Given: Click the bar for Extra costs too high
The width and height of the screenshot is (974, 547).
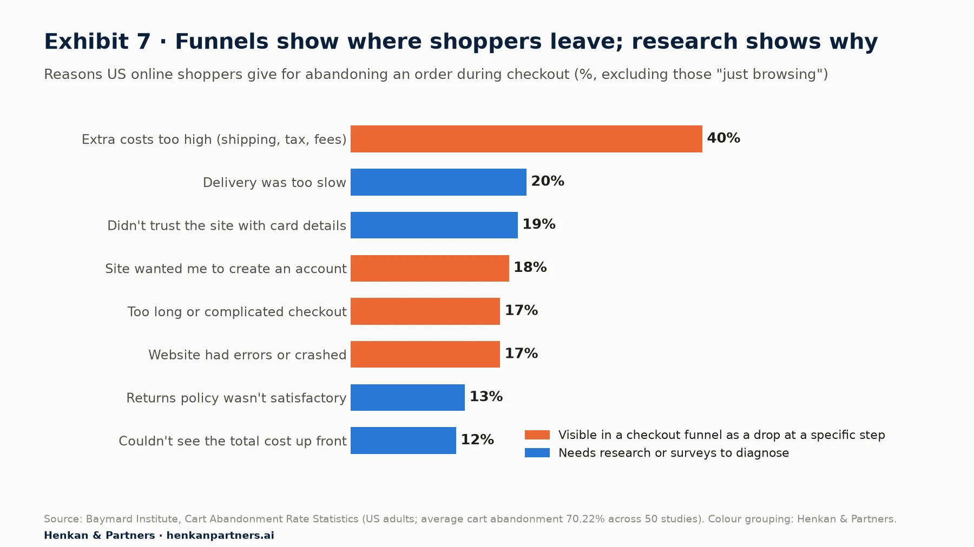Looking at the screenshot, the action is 527,139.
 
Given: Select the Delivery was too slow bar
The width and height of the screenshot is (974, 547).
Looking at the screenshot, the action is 438,182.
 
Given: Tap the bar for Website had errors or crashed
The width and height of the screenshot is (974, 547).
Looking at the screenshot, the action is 425,355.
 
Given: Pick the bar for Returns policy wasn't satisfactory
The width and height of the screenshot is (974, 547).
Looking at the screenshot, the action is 407,397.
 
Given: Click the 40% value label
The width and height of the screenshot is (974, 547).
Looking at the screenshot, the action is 723,138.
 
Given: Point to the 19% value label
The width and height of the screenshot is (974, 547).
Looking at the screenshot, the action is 539,224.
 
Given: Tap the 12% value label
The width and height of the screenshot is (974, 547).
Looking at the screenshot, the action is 477,440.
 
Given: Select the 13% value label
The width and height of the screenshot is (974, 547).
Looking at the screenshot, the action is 486,397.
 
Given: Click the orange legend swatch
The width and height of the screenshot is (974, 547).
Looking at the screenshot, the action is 537,435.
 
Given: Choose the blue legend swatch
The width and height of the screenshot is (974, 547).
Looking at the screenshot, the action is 537,453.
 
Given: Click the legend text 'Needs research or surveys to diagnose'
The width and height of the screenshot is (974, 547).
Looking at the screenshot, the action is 674,453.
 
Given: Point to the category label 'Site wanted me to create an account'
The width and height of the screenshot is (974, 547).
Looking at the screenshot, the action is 226,269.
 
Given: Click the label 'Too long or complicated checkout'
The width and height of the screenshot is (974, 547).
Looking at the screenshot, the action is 237,312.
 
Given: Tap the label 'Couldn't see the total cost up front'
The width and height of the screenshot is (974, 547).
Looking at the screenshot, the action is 233,441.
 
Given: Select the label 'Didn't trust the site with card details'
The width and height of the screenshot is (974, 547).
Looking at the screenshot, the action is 227,225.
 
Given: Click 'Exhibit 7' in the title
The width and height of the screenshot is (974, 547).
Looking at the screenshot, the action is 97,42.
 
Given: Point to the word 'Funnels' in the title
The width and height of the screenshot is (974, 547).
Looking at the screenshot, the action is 222,42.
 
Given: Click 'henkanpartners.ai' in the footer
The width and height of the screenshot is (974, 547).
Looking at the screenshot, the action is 220,535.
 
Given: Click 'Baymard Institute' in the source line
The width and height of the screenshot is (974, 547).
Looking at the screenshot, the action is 132,519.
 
